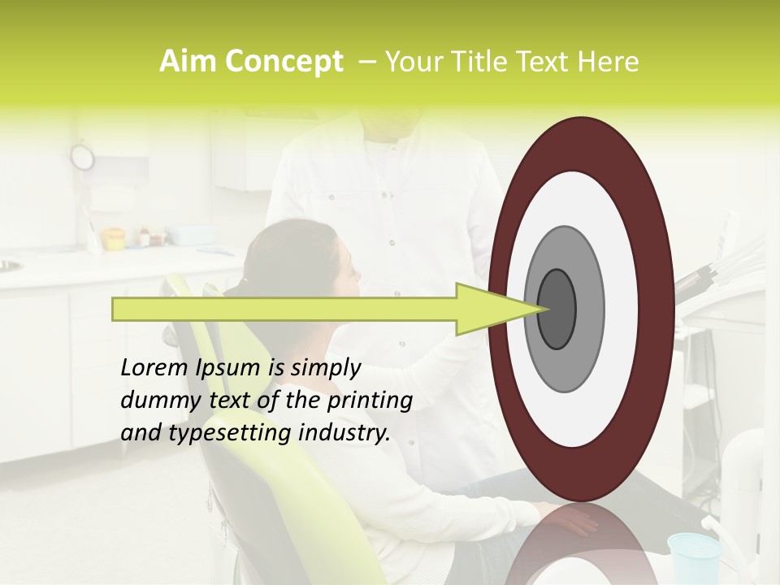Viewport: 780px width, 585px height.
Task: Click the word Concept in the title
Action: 284,63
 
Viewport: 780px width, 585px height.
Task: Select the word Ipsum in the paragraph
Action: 228,368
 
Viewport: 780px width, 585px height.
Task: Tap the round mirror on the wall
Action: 82,156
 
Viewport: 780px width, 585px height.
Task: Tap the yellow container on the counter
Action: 113,239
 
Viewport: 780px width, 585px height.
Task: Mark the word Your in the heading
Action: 413,62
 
